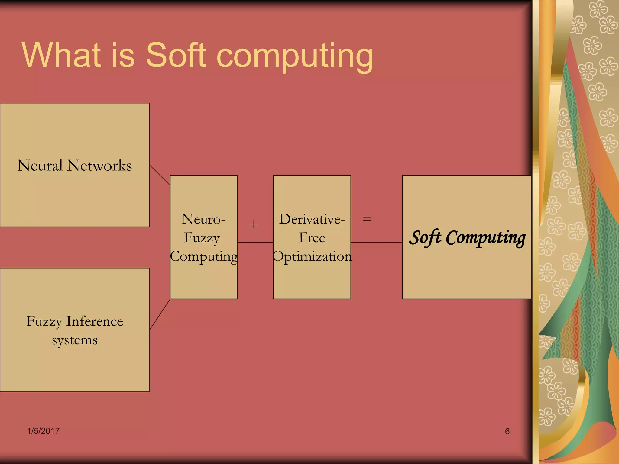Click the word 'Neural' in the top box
(40, 166)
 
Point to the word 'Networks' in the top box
(99, 166)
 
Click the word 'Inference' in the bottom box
(95, 321)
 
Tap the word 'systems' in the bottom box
(75, 340)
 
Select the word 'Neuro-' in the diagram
(203, 219)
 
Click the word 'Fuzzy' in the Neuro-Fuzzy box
(202, 238)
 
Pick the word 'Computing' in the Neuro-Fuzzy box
(204, 257)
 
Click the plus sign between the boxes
(254, 224)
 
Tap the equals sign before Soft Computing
(367, 219)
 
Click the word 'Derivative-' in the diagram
(312, 219)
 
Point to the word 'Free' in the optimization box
(312, 238)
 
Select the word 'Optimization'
(312, 256)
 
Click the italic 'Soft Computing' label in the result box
(467, 238)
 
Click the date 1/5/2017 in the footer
(43, 431)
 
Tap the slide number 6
(507, 431)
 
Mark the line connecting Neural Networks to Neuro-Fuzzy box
(160, 175)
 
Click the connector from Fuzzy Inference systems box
(160, 314)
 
